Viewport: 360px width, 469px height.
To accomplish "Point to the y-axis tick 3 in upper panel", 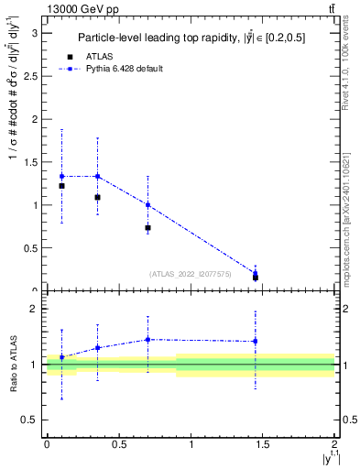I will pyautogui.click(x=36, y=33).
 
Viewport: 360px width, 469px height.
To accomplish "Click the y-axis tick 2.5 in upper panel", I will pyautogui.click(x=32, y=76).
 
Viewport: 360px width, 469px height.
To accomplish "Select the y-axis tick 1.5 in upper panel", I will pyautogui.click(x=32, y=162).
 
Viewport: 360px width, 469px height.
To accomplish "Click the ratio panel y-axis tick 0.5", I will pyautogui.click(x=32, y=420).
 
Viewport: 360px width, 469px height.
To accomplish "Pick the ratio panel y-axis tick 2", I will pyautogui.click(x=36, y=310).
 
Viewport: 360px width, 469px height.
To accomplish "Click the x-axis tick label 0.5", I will pyautogui.click(x=118, y=446).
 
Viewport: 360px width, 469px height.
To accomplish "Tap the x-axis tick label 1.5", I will pyautogui.click(x=263, y=446).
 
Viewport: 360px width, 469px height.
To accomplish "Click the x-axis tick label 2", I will pyautogui.click(x=335, y=446).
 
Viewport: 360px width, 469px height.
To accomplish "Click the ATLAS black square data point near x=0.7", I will pyautogui.click(x=147, y=227).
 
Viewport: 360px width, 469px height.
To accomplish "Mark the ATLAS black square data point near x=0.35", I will pyautogui.click(x=97, y=197).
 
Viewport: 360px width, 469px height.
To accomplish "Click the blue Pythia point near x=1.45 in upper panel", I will pyautogui.click(x=256, y=272).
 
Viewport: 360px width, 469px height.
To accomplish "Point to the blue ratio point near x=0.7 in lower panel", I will pyautogui.click(x=147, y=339).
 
